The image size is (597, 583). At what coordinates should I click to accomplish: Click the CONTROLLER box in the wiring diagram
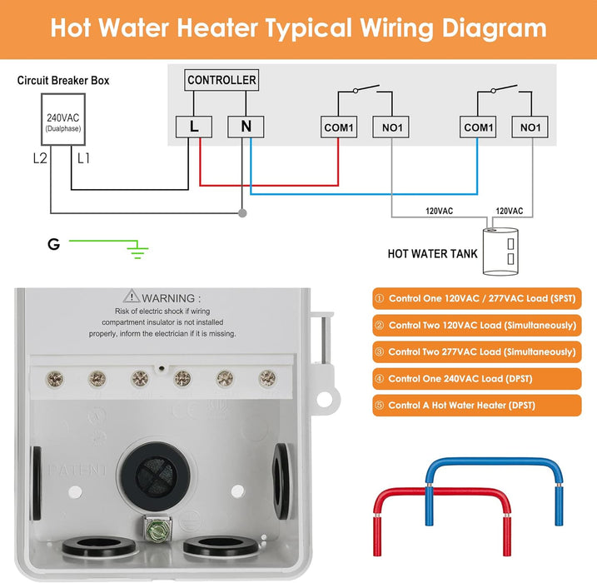click(x=221, y=80)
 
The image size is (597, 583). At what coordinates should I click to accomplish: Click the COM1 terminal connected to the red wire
click(x=338, y=127)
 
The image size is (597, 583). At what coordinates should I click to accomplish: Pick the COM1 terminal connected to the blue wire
click(x=477, y=127)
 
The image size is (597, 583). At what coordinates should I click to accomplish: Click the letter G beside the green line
click(x=54, y=244)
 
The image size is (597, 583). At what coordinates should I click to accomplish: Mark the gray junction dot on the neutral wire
click(x=242, y=213)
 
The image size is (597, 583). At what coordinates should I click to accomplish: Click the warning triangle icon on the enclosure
click(x=131, y=296)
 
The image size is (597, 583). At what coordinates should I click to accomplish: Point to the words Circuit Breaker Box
click(x=63, y=81)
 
